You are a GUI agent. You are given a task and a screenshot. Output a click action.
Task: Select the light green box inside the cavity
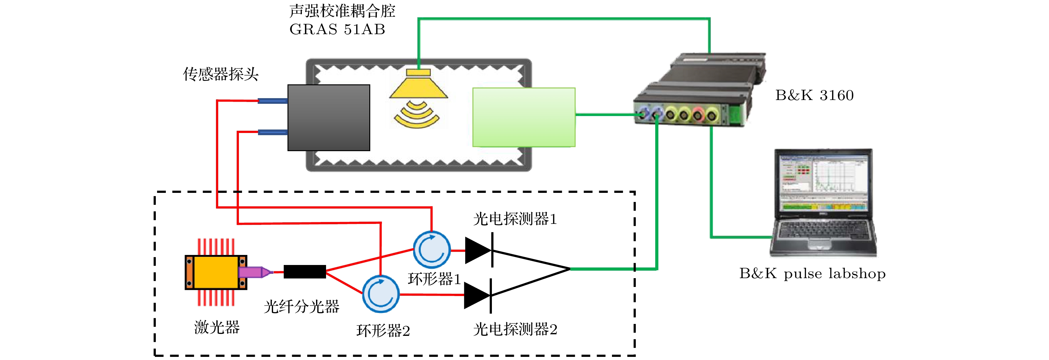(524, 117)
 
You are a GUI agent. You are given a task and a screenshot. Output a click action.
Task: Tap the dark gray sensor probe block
(329, 118)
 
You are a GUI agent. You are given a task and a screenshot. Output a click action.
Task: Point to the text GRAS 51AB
(337, 29)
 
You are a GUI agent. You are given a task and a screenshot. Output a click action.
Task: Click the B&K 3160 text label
(814, 95)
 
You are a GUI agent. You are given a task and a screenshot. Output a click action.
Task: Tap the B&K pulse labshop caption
(812, 273)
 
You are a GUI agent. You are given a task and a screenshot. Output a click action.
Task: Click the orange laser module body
(216, 272)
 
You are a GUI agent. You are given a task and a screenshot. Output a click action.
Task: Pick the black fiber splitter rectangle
(305, 272)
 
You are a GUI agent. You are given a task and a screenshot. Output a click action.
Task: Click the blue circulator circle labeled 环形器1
(432, 250)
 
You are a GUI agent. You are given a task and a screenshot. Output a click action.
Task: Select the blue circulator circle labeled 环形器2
(381, 294)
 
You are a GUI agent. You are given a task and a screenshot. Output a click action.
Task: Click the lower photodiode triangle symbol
(477, 296)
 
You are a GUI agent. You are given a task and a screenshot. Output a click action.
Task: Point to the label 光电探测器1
(515, 219)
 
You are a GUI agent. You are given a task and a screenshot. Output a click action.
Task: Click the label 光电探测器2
(515, 329)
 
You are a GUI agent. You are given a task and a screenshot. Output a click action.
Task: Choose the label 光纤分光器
(301, 307)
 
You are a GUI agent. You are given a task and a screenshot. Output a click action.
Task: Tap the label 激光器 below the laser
(217, 327)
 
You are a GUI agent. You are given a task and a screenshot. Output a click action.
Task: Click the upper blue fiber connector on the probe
(273, 101)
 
